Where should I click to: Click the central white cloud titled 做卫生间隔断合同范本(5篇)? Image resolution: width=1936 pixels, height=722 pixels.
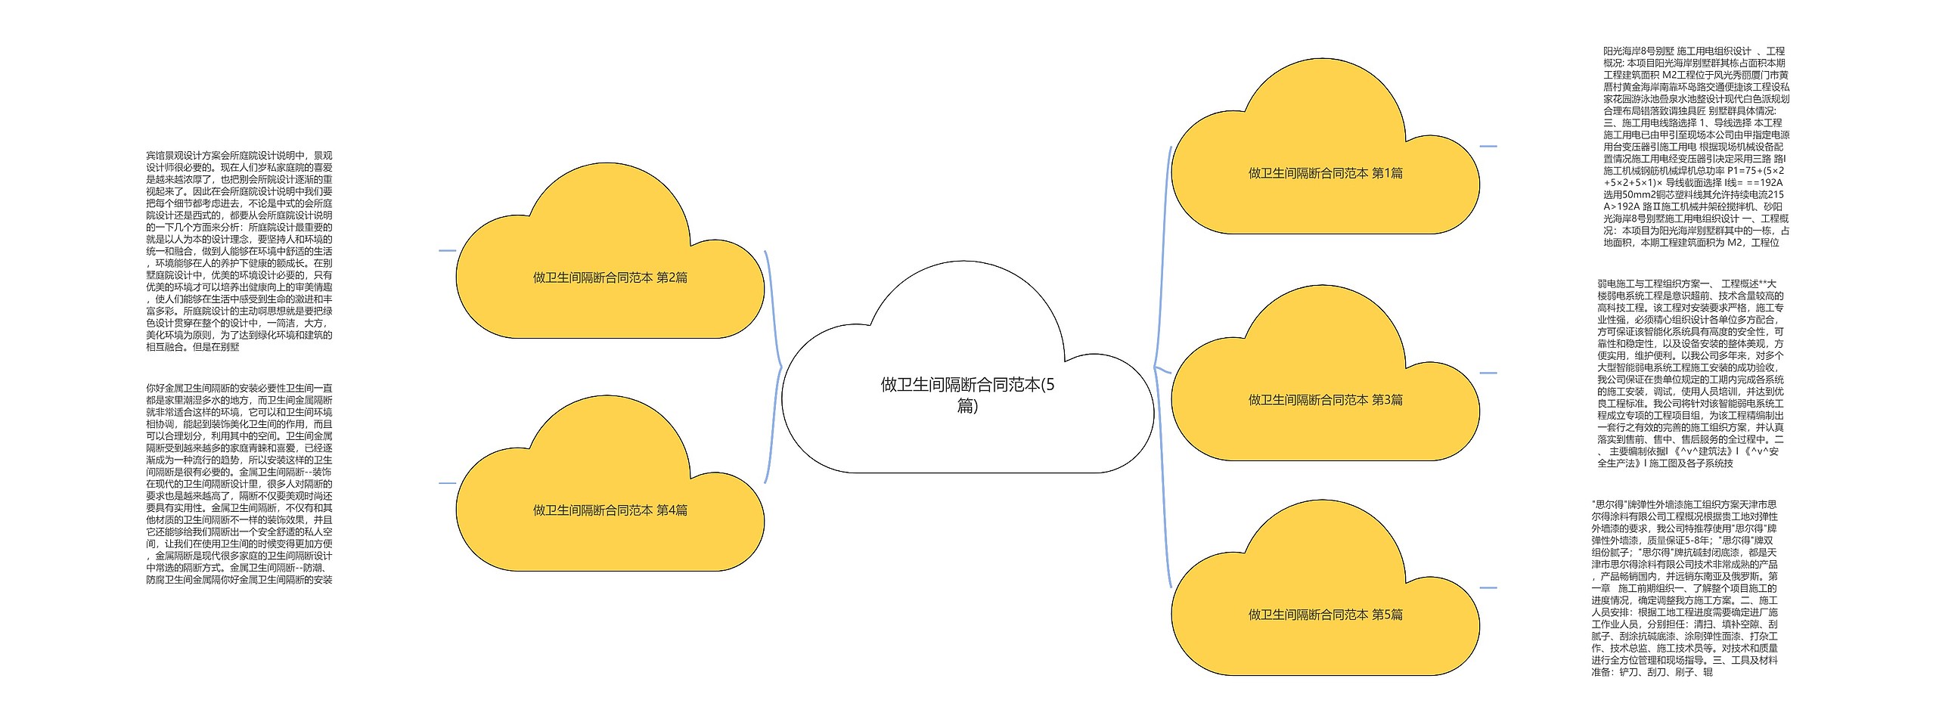click(967, 367)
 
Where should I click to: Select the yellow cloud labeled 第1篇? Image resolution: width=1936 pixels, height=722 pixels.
click(1325, 147)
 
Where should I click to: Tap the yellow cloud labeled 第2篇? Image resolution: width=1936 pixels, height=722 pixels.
click(610, 251)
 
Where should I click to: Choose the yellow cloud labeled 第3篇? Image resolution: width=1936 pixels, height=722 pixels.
click(1325, 373)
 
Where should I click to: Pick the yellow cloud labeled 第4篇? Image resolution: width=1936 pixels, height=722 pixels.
click(610, 483)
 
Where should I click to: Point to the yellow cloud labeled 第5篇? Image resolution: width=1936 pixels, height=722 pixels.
click(1325, 587)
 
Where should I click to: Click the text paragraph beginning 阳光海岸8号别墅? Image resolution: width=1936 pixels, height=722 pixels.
click(1696, 147)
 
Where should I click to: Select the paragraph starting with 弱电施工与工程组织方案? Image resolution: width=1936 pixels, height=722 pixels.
click(1690, 373)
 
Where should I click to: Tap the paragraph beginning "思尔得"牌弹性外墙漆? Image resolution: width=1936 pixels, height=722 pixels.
click(1686, 587)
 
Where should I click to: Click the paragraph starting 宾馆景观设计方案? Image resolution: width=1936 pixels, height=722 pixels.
click(239, 251)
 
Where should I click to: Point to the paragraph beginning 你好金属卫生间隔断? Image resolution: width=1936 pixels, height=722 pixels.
click(239, 483)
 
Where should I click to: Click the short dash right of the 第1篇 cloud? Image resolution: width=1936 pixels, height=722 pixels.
click(1488, 147)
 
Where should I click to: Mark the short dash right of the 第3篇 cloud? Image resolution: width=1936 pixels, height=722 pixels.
click(1488, 373)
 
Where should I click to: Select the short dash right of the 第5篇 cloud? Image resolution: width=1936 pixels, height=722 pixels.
click(1488, 587)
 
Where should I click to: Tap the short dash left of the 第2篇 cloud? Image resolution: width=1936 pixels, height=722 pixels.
click(447, 251)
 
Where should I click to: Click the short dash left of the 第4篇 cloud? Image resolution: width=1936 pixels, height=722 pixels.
click(447, 483)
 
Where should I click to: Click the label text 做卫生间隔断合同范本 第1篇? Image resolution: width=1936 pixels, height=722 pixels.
click(1325, 173)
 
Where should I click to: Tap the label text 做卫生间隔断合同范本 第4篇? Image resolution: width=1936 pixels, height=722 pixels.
click(610, 510)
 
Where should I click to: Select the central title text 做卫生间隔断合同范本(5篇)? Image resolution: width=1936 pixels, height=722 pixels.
click(967, 395)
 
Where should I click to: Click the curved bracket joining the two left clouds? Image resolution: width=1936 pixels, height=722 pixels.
click(774, 367)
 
